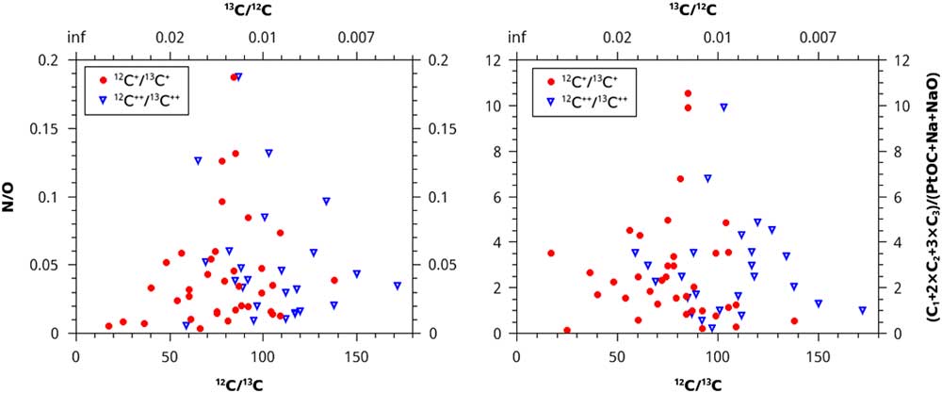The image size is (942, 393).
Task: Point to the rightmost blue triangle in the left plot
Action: click(398, 286)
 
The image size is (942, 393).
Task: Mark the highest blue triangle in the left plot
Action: click(238, 77)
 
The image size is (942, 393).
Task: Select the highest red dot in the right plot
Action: click(688, 93)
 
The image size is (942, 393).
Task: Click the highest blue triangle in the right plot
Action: click(723, 107)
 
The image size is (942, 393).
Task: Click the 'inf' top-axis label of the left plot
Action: click(76, 38)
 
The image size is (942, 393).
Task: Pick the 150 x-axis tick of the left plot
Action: click(355, 358)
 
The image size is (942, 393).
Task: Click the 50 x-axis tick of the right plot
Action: click(618, 358)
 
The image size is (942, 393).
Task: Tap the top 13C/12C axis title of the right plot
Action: click(695, 11)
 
